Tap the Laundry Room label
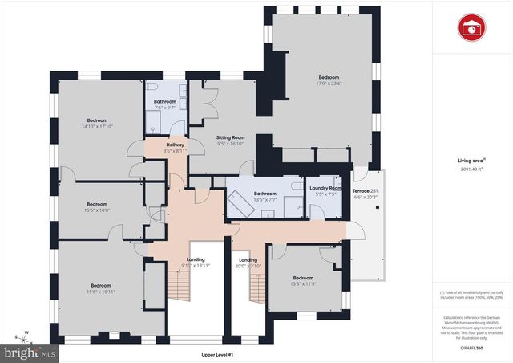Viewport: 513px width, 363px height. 325,188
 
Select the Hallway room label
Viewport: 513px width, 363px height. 175,145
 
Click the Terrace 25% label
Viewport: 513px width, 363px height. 367,189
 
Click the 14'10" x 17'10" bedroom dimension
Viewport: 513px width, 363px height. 97,126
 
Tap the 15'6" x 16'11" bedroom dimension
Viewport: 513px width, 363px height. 100,291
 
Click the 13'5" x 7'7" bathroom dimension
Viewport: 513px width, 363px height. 265,199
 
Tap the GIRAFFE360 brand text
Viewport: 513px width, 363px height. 471,348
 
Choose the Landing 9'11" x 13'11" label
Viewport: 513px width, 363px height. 196,262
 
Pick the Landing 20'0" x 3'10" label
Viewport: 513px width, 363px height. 248,262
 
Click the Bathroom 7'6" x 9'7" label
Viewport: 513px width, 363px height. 165,104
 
